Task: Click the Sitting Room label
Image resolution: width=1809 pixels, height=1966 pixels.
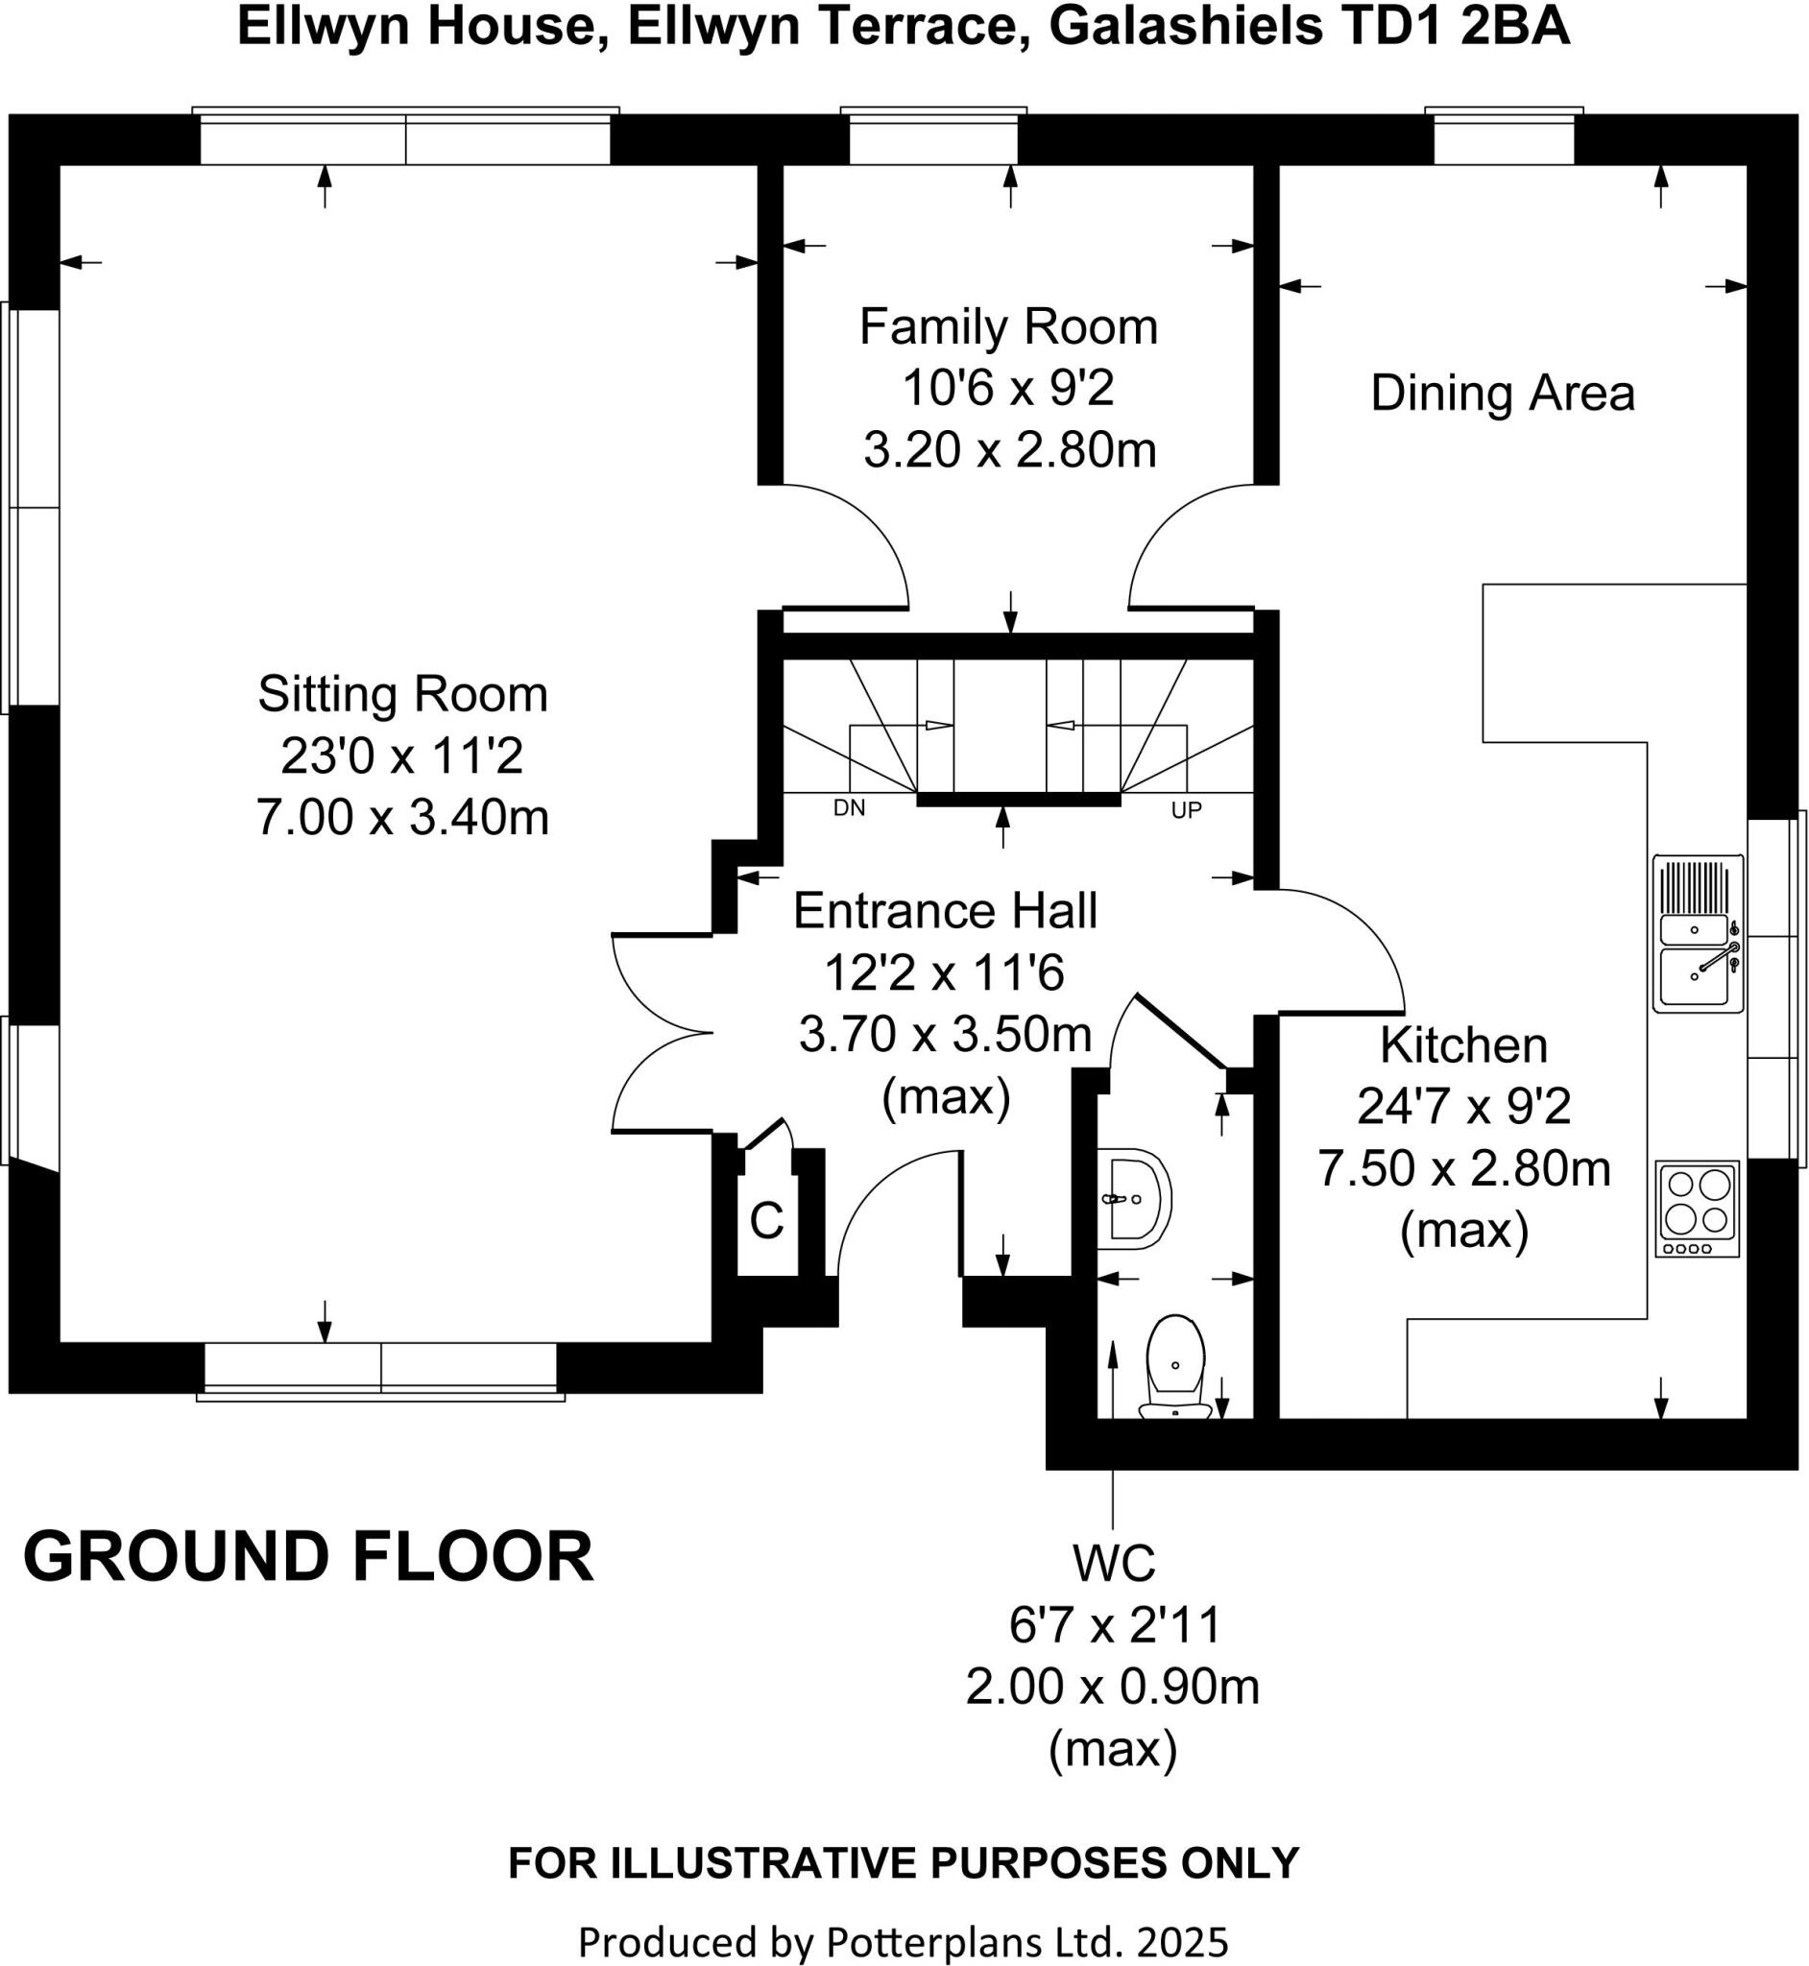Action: [x=402, y=695]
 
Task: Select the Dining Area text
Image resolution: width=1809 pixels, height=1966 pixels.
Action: [x=1503, y=394]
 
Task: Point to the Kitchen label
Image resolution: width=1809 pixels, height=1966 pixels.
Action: [x=1463, y=1046]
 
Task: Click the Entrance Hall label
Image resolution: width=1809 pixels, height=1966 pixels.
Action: [x=945, y=911]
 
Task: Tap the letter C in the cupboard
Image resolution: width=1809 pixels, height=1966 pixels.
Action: [x=766, y=1221]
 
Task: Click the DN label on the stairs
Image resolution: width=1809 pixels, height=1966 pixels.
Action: [x=849, y=809]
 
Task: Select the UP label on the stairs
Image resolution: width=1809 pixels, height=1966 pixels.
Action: [x=1186, y=810]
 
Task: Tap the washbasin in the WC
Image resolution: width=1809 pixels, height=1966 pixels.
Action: [x=1136, y=1199]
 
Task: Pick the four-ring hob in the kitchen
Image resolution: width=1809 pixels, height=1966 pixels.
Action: [x=1698, y=1209]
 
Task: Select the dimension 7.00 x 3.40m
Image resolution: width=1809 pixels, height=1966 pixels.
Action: [x=402, y=818]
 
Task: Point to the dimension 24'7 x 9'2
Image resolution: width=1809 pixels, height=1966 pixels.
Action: [x=1463, y=1108]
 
